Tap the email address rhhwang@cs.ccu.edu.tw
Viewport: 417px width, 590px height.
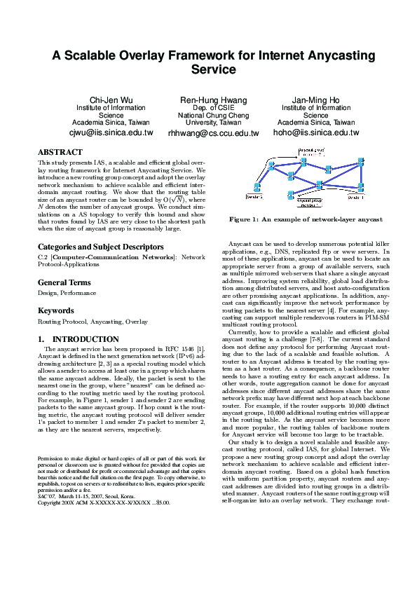pos(213,132)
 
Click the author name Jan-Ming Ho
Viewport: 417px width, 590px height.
pos(315,100)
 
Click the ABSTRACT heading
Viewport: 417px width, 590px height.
pos(60,152)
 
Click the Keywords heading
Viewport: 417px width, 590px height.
pos(55,310)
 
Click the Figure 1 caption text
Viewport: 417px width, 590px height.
pos(306,219)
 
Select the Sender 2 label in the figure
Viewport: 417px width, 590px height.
pos(254,197)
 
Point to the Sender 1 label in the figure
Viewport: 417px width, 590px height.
pos(355,197)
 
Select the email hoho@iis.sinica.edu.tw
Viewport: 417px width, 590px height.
pos(315,132)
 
